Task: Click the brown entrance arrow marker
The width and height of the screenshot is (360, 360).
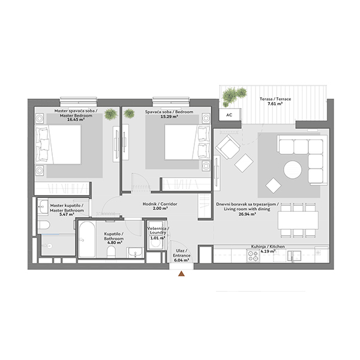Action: coord(181,274)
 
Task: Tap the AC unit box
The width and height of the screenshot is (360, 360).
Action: coord(229,115)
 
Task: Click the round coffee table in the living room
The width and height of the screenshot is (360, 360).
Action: coord(293,169)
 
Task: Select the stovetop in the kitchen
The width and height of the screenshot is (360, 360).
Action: coord(253,256)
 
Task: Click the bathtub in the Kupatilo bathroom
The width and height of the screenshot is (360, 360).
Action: coord(86,239)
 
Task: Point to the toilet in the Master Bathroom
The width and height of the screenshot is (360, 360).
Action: coord(44,225)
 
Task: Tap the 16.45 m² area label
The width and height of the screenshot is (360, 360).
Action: coord(76,119)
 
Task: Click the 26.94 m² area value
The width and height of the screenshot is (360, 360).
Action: coord(247,214)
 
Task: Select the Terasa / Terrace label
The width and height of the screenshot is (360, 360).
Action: coord(275,99)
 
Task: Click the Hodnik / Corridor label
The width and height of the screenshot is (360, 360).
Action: coord(160,204)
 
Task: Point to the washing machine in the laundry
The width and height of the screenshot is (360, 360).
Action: coord(156,235)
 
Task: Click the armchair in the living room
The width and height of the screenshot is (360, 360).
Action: coord(228,147)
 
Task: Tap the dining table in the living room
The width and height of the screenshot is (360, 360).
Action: coord(298,220)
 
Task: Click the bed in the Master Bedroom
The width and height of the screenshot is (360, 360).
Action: coord(58,145)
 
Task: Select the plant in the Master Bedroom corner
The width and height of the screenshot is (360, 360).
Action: coord(110,114)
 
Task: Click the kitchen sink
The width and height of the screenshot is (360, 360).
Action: coord(294,256)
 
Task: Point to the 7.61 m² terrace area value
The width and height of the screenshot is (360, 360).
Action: coord(275,104)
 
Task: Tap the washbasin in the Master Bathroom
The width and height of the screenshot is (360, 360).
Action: coord(43,206)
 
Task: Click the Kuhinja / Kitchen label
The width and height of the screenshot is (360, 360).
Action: coord(268,247)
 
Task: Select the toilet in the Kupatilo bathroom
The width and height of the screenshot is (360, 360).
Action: coord(112,252)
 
